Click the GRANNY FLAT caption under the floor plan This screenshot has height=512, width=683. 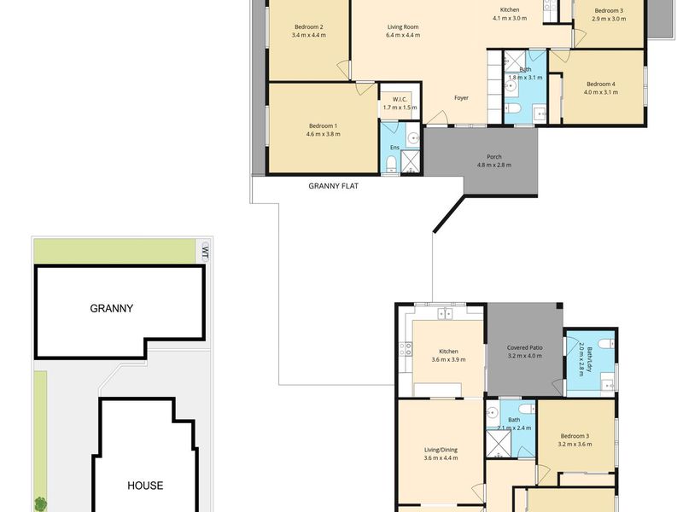coord(333,186)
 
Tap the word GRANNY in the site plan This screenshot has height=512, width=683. coord(112,308)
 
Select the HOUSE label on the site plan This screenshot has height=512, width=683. coord(145,486)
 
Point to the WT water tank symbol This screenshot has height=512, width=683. coord(205,253)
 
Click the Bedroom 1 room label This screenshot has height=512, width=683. coord(323,125)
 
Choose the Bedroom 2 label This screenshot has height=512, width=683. coord(308,27)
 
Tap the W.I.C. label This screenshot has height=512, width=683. coord(400,99)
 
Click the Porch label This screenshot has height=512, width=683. coord(494,157)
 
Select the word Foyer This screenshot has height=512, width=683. coord(461,98)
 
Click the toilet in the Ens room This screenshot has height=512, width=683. coord(391,164)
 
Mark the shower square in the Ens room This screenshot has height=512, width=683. coord(410,161)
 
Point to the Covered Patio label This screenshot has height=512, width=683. coord(524,348)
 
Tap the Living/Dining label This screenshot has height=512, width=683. coord(441,450)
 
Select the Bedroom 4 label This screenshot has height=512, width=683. coord(601,84)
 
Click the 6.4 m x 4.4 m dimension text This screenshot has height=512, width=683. coord(403,35)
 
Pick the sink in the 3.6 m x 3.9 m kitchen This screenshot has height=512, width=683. coord(445,313)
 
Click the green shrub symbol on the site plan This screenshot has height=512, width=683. coord(40,504)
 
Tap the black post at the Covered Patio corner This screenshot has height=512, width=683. coord(559,306)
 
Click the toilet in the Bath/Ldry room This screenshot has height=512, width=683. coord(606,344)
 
